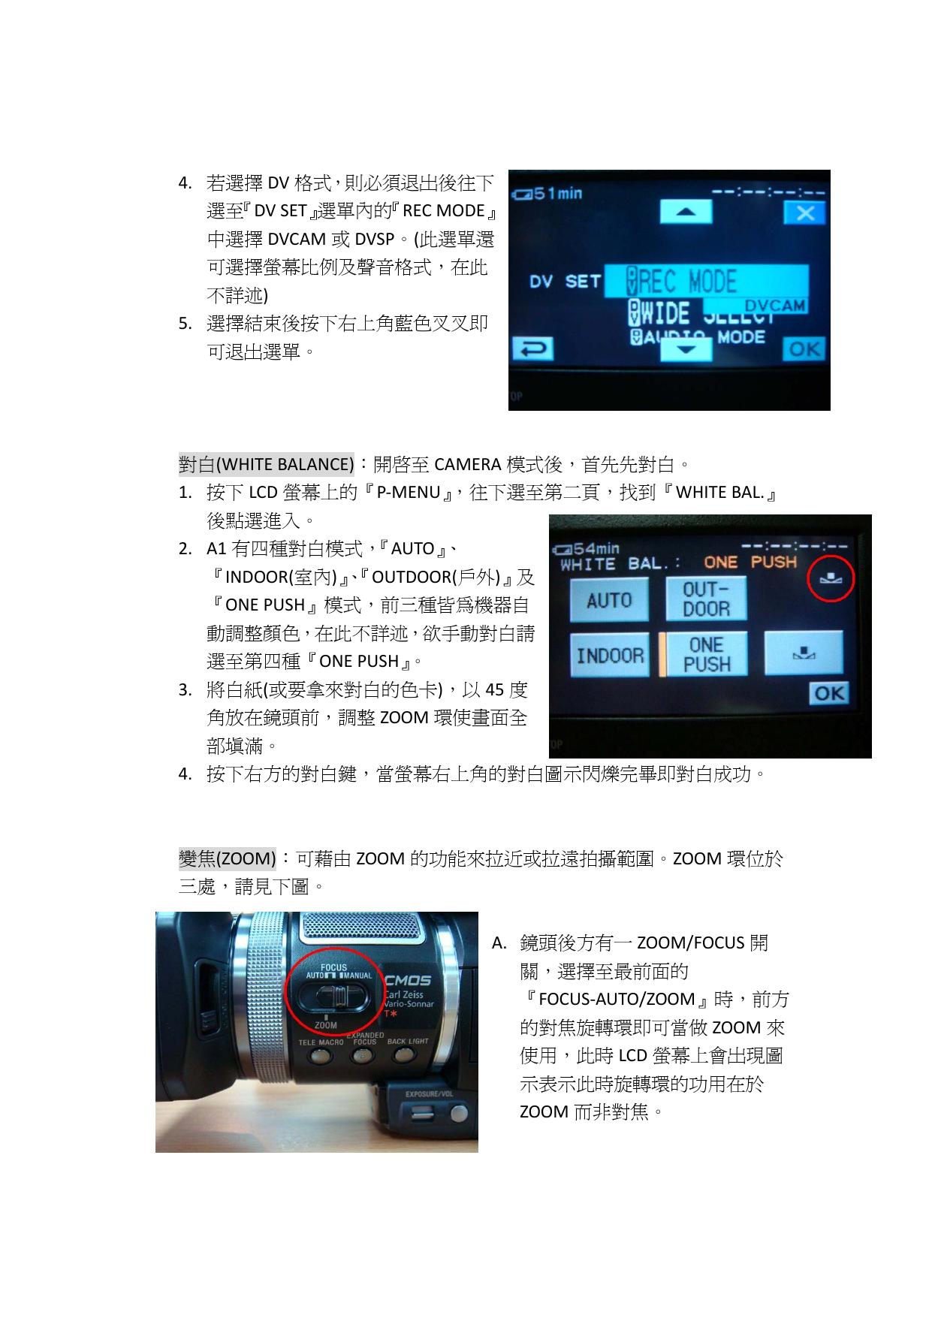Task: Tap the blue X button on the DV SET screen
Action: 804,213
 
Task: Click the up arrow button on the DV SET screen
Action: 686,212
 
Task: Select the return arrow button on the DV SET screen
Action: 532,349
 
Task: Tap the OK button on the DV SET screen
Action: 804,349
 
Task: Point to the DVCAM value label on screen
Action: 774,306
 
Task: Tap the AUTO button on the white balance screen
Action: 609,600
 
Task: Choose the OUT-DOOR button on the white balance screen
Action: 706,599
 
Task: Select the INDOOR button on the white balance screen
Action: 610,656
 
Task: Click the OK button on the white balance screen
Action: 828,693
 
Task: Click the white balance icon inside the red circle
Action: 831,578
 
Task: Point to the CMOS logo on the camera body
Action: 408,980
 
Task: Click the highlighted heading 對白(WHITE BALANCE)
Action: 267,464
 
